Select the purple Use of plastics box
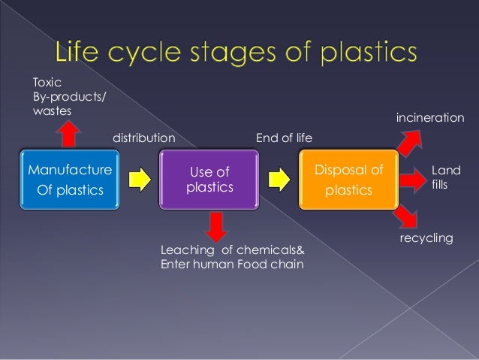[x=208, y=180]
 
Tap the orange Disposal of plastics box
[x=348, y=180]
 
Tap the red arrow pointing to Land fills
[x=414, y=180]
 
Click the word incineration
[x=430, y=118]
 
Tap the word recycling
[x=426, y=237]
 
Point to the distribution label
[x=143, y=138]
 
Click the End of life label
[x=285, y=138]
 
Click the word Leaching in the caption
[x=185, y=250]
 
